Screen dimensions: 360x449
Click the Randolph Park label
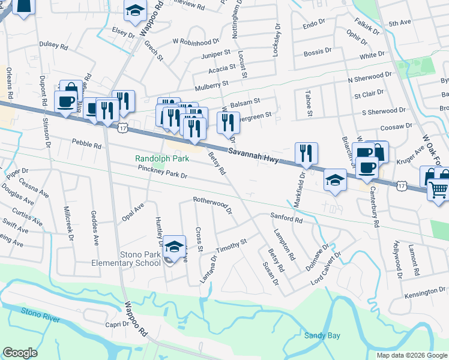162,158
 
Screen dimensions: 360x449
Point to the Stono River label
41,314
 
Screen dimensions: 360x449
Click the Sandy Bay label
321,335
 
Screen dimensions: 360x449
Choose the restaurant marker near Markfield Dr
306,154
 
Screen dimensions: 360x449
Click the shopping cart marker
439,190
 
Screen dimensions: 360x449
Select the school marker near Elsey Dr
136,10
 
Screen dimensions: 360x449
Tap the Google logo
20,353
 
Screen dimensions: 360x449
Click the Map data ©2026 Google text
411,355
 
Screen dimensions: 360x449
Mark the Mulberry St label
209,83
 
